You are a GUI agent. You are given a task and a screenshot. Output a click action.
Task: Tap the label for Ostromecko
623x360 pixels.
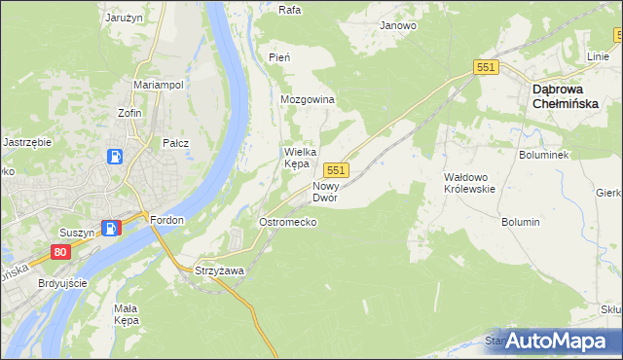pos(287,223)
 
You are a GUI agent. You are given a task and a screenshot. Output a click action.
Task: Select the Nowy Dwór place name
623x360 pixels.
pos(325,192)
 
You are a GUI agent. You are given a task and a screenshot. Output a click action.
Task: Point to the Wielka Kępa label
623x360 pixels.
pos(296,158)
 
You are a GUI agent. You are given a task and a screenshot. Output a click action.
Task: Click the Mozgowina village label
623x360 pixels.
pos(308,100)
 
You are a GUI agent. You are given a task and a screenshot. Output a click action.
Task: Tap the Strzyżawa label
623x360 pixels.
pos(219,270)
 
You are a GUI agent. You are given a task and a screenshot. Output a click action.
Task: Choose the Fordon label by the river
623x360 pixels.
pos(167,221)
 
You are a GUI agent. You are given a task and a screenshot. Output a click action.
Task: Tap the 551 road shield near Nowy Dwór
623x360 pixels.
pos(337,170)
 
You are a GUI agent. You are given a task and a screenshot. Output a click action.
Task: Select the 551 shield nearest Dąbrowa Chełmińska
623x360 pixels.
pos(487,67)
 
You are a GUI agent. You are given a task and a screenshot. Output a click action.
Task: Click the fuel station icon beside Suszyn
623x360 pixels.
pos(113,228)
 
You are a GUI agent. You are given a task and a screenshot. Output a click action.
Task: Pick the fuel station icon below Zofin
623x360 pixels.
pos(116,156)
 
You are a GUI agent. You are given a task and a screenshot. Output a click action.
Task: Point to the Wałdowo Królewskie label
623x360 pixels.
pos(469,183)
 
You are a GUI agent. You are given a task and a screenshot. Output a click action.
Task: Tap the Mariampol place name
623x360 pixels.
pos(159,85)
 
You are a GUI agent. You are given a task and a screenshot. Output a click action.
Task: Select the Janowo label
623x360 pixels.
pos(398,26)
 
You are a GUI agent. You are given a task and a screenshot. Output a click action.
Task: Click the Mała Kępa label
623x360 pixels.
pos(128,314)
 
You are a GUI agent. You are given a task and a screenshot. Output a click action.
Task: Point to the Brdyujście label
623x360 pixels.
pos(60,283)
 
